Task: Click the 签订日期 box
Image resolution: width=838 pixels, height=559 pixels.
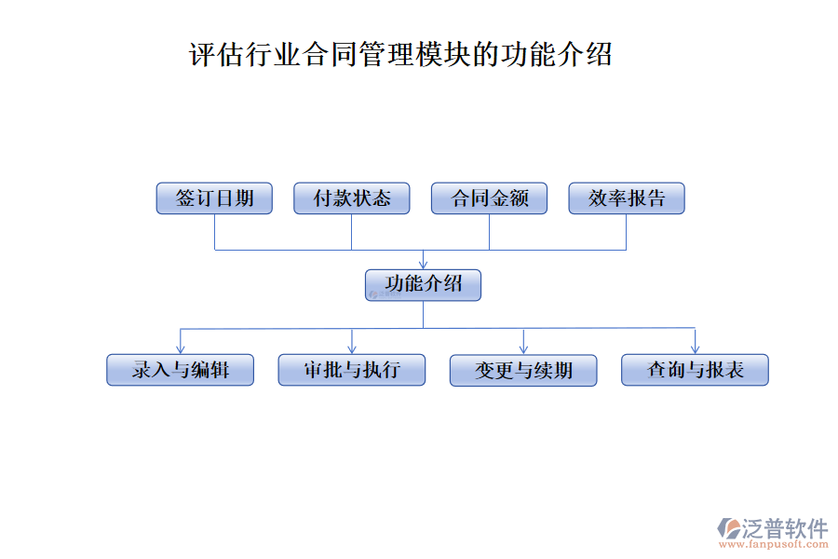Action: tap(214, 198)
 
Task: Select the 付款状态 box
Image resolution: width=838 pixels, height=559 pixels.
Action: tap(352, 198)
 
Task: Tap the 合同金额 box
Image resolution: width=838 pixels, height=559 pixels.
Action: tap(489, 198)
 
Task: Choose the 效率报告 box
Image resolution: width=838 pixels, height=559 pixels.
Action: tap(626, 198)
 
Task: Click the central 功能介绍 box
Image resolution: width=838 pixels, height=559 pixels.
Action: tap(423, 285)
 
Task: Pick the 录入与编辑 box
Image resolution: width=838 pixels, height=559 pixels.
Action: tap(180, 370)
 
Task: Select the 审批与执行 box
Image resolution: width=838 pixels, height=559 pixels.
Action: tap(352, 370)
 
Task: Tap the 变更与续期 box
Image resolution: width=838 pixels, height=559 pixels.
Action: tap(523, 370)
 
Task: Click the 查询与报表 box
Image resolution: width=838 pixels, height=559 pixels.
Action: tap(695, 370)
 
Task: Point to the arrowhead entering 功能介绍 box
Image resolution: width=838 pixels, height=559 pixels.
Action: tap(423, 265)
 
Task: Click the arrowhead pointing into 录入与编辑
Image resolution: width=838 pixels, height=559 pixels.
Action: tap(180, 348)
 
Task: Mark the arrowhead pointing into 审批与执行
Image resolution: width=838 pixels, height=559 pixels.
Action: tap(352, 348)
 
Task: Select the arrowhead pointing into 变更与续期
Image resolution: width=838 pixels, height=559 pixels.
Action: tap(524, 348)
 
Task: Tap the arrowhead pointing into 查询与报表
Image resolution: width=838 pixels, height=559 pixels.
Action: tap(695, 348)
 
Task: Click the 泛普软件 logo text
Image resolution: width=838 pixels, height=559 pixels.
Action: tap(784, 529)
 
